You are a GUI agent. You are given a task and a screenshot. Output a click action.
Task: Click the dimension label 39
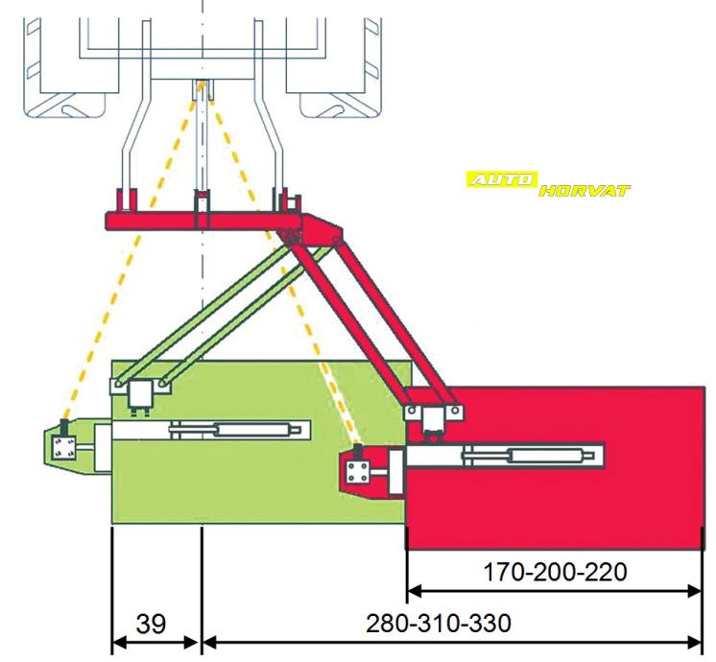[150, 624]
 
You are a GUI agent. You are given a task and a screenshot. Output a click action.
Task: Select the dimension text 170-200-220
[557, 573]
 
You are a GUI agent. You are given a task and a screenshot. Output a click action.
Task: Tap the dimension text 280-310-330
[439, 623]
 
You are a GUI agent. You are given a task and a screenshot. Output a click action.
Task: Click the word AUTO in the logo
[501, 178]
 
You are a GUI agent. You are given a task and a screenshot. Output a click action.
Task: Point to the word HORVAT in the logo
[585, 190]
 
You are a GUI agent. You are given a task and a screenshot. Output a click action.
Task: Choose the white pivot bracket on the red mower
[434, 414]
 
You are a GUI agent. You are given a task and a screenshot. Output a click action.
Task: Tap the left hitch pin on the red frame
[123, 201]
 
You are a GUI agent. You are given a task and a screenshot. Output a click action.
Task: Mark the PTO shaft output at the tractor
[202, 92]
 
